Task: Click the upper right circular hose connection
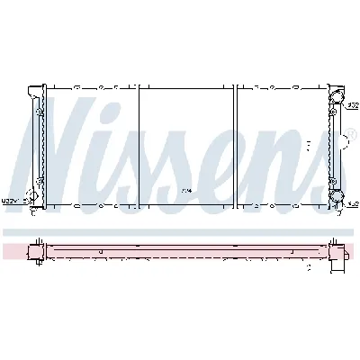click(337, 98)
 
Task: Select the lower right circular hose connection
click(337, 197)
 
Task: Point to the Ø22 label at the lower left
click(11, 201)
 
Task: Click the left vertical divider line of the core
click(139, 148)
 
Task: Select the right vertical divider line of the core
click(236, 148)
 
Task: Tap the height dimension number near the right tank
click(309, 143)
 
